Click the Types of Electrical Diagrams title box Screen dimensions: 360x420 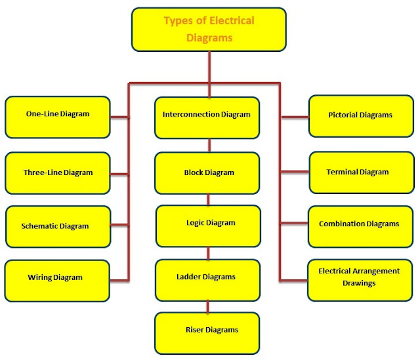(x=209, y=30)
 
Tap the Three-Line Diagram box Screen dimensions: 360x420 (x=57, y=172)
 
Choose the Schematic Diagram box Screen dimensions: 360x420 (x=57, y=226)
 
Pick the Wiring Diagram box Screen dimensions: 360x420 (x=57, y=280)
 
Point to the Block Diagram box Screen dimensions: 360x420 (x=208, y=172)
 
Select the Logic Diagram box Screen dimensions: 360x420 (x=208, y=226)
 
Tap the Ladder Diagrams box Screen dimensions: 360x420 (x=208, y=279)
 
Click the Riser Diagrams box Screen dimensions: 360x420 (x=208, y=332)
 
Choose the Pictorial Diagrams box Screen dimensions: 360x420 (x=361, y=115)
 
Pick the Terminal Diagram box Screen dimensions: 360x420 (x=361, y=172)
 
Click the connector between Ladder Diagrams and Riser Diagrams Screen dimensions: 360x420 (x=209, y=306)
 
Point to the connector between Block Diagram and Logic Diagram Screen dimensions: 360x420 (x=209, y=199)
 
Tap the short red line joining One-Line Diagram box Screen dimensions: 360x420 (x=119, y=117)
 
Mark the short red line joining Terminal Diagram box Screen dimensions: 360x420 (x=295, y=172)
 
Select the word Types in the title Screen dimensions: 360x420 (x=178, y=21)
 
